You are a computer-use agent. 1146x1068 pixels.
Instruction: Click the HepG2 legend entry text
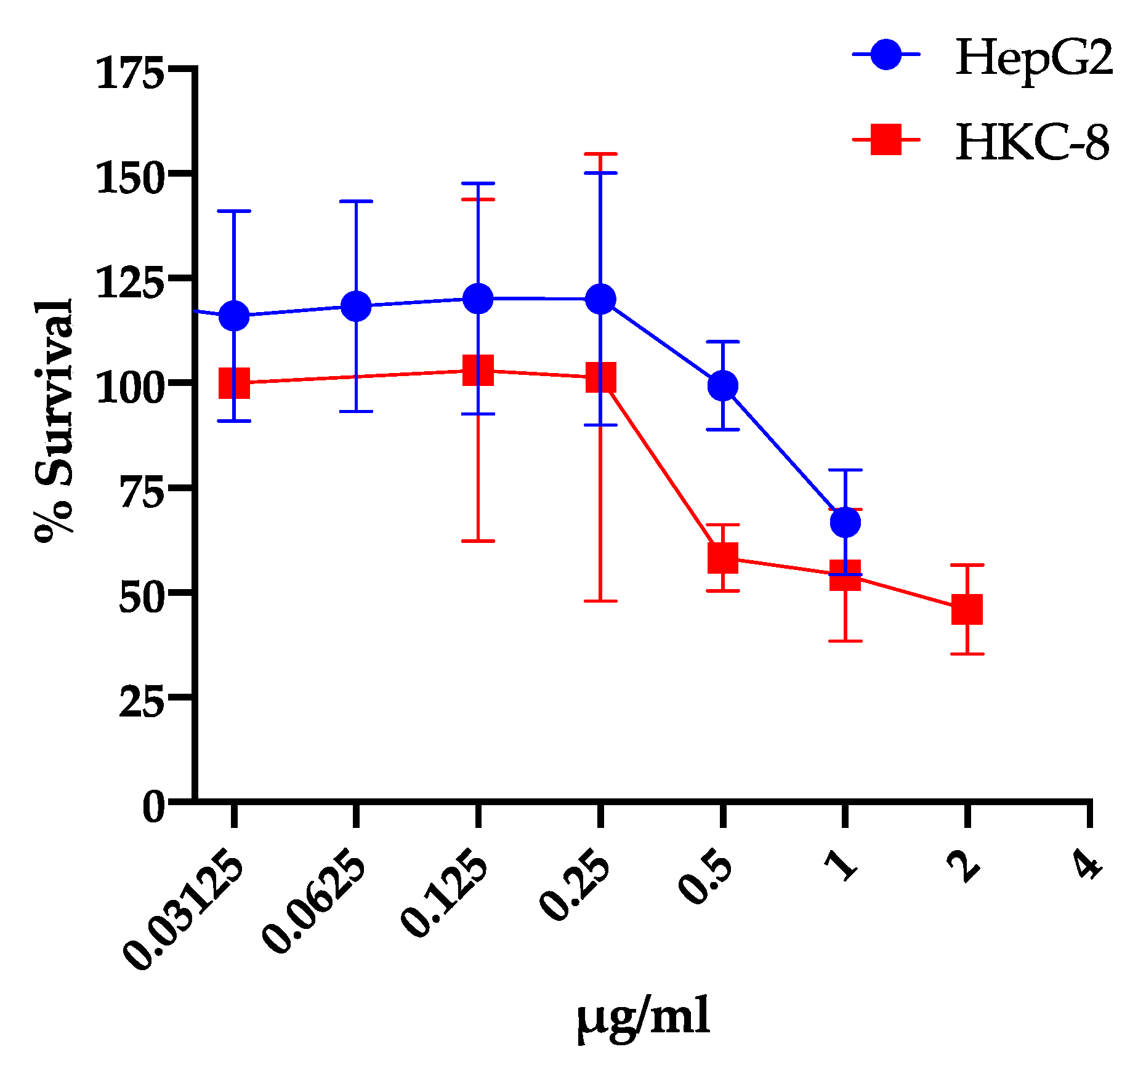(1034, 57)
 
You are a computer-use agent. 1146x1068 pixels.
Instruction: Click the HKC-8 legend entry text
(1032, 143)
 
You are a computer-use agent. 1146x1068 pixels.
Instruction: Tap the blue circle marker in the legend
(886, 55)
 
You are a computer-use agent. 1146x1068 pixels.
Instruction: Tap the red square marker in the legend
(886, 140)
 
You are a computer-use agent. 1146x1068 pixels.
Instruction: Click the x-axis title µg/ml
(644, 1017)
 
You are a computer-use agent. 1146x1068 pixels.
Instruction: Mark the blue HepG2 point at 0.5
(723, 386)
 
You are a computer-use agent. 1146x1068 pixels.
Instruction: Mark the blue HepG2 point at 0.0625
(356, 306)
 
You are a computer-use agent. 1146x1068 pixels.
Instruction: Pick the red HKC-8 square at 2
(967, 609)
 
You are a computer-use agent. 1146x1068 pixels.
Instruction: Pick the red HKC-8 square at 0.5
(723, 558)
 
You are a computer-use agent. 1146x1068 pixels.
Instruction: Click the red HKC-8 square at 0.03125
(234, 383)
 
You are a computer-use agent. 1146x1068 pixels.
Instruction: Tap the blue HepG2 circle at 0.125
(478, 299)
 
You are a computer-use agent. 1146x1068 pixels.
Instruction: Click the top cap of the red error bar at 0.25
(600, 154)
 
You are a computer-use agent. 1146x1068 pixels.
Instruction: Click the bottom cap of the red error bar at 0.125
(478, 541)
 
